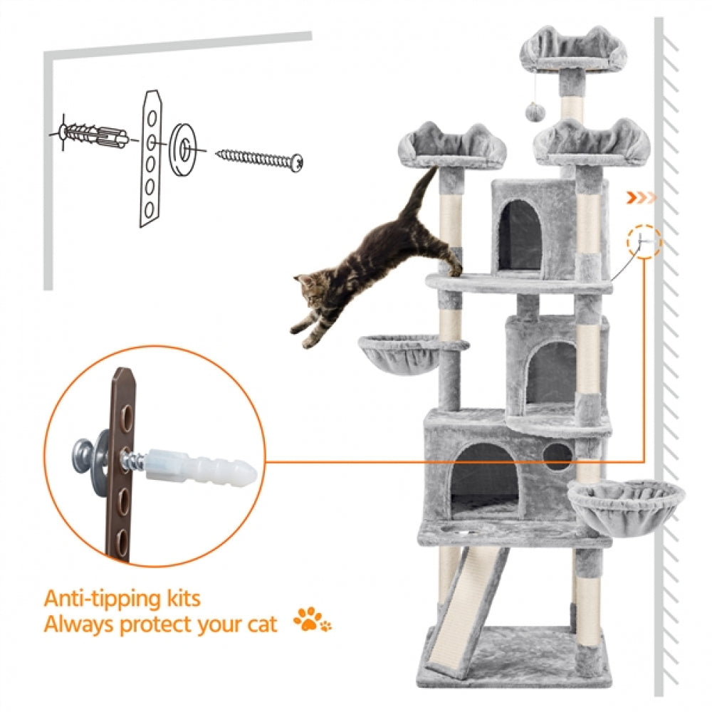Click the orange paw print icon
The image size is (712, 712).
313,621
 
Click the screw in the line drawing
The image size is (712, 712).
260,158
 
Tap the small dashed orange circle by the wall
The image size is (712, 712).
645,242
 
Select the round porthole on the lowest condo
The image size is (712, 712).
557,454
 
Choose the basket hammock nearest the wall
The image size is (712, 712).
627,501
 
